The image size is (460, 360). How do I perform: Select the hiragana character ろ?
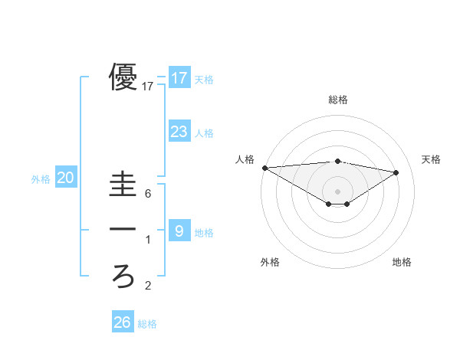coord(123,275)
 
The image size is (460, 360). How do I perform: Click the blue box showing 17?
coord(179,77)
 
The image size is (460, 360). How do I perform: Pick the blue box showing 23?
coord(179,131)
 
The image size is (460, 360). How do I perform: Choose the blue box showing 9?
coord(179,231)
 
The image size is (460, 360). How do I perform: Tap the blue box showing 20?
coord(66,178)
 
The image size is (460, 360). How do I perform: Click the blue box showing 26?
coord(122,322)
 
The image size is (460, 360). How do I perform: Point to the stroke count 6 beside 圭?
coord(148,194)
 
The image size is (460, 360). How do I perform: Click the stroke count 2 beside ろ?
coord(148,286)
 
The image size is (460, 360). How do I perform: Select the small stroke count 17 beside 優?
coord(148,87)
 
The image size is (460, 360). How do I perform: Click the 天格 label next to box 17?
coord(204,79)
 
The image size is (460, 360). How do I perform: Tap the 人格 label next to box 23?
coord(204,133)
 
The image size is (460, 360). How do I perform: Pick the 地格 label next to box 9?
coord(204,233)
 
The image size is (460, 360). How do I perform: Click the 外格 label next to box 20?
coord(41,179)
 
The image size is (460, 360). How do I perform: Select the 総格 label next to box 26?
coord(147,324)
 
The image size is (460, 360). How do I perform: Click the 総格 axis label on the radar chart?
coord(338,100)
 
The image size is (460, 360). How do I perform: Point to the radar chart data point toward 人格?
coord(264,168)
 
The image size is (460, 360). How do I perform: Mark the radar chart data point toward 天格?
coord(396,172)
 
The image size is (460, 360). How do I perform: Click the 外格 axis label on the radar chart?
coord(270,262)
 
